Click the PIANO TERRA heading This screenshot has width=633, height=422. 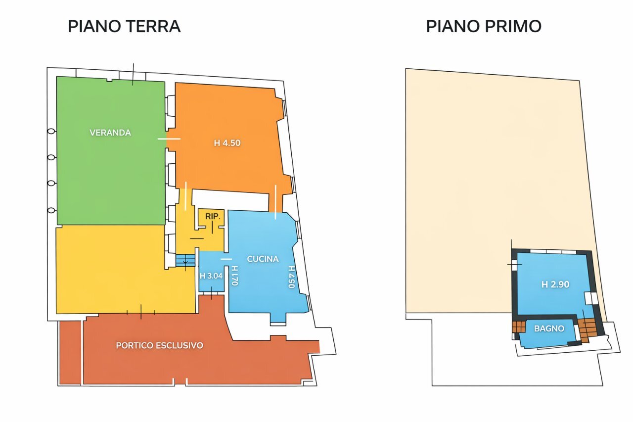pyautogui.click(x=124, y=26)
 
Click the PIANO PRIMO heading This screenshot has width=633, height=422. pyautogui.click(x=483, y=26)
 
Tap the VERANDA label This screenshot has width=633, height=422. pyautogui.click(x=110, y=133)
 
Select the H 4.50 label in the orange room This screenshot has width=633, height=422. pyautogui.click(x=227, y=143)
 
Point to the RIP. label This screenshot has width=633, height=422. pyautogui.click(x=211, y=216)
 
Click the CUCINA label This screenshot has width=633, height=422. pyautogui.click(x=263, y=259)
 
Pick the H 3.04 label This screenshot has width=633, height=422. pyautogui.click(x=211, y=276)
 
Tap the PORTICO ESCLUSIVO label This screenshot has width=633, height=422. pyautogui.click(x=159, y=345)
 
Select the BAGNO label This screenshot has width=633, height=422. pyautogui.click(x=549, y=328)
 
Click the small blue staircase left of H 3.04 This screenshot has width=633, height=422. pyautogui.click(x=185, y=260)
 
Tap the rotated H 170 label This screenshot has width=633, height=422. pyautogui.click(x=235, y=276)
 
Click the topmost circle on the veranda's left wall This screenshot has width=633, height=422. pyautogui.click(x=51, y=131)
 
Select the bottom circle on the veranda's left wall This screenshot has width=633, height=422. pyautogui.click(x=51, y=210)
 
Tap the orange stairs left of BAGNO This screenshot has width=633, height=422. pyautogui.click(x=518, y=327)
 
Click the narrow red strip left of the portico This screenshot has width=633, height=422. pyautogui.click(x=70, y=352)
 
